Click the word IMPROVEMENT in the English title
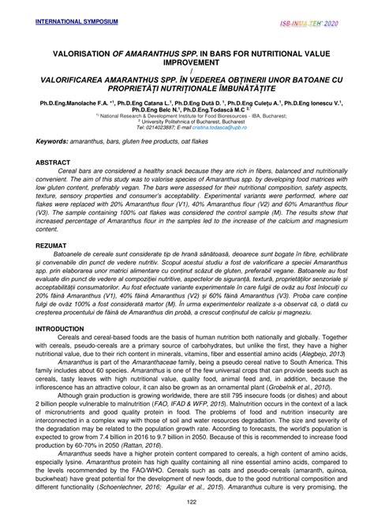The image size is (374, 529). [186, 66]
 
